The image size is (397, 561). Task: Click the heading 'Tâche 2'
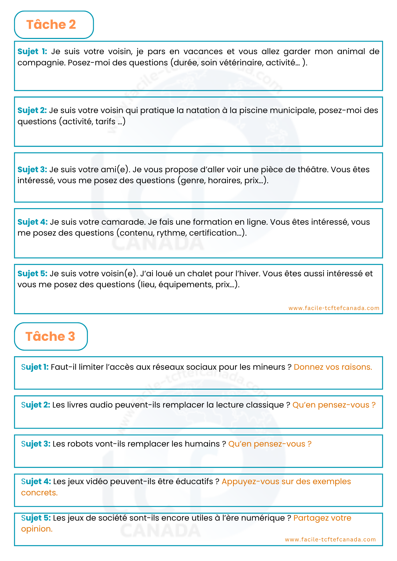click(x=51, y=25)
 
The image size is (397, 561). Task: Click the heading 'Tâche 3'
click(x=50, y=336)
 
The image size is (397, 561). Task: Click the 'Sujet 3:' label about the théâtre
click(x=32, y=170)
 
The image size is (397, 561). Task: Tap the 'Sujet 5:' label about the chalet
click(x=32, y=273)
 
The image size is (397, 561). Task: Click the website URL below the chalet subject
click(x=334, y=308)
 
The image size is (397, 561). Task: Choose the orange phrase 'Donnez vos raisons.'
click(x=333, y=367)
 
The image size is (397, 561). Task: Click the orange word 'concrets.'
click(x=39, y=493)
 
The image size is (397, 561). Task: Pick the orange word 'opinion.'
click(x=37, y=529)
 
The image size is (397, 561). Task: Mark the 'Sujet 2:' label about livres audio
click(x=36, y=405)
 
